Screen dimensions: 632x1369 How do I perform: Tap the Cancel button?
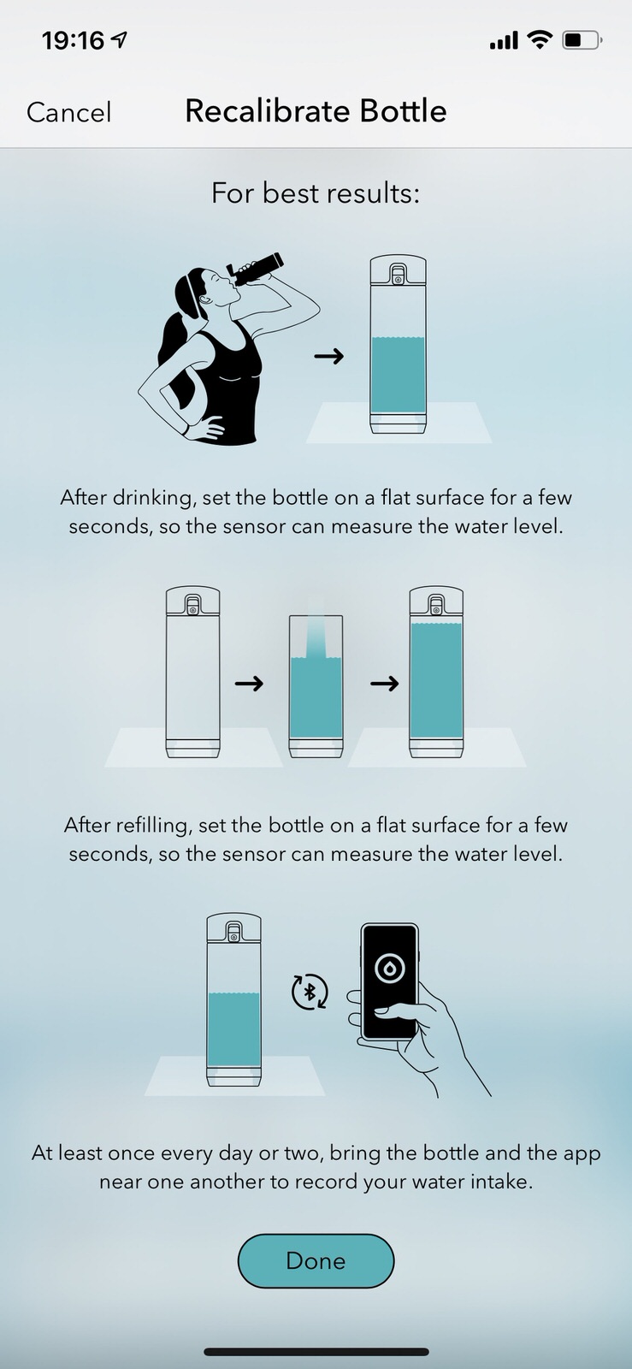click(69, 112)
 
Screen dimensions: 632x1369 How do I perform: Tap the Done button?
click(316, 1261)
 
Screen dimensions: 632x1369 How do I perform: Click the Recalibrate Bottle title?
click(316, 111)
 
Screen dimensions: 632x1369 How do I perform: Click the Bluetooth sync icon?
click(310, 992)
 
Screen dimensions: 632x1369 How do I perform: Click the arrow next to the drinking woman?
click(329, 356)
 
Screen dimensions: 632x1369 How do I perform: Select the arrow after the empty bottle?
click(249, 683)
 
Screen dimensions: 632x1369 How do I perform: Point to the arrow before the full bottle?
click(385, 683)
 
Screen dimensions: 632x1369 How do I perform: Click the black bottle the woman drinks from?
click(255, 270)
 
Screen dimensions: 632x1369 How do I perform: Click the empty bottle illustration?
click(193, 673)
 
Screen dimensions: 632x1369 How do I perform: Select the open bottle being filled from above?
click(316, 686)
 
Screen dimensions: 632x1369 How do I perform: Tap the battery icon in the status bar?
click(582, 40)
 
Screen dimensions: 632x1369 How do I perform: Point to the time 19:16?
click(74, 41)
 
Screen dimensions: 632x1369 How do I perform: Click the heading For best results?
click(316, 193)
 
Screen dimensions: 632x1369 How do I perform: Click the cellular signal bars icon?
click(504, 41)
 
